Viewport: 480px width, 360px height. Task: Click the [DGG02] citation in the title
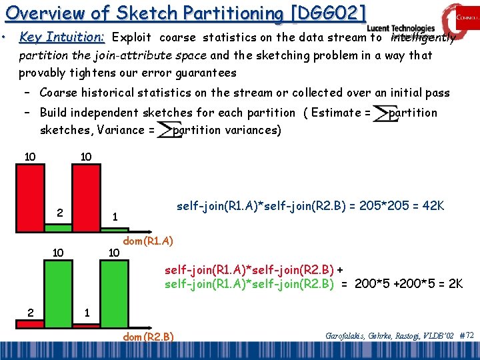tap(326, 13)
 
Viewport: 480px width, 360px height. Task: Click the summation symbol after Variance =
tap(164, 131)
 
